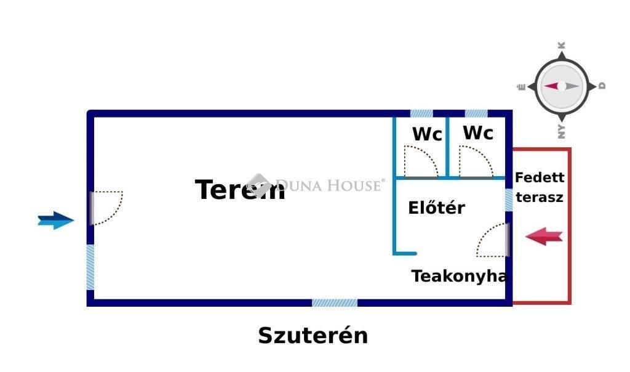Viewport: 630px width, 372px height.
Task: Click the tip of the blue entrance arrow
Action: tap(74, 220)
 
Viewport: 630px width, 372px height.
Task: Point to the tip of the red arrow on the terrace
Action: tap(525, 237)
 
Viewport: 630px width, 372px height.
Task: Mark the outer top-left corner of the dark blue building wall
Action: tap(87, 110)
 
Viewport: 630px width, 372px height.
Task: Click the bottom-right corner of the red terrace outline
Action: tap(571, 304)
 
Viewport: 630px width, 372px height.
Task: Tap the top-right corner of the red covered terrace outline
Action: tap(571, 148)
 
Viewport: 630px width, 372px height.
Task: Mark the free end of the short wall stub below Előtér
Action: tap(416, 253)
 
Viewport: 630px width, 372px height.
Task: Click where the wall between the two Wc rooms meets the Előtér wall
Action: tap(447, 177)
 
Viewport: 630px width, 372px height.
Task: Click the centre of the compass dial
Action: tap(562, 86)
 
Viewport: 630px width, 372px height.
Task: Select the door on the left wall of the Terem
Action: tap(106, 208)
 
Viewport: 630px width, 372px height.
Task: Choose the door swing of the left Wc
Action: tap(421, 161)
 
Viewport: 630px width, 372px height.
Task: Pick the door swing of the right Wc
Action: tap(476, 161)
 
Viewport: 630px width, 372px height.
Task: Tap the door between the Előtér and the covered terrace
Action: tap(493, 240)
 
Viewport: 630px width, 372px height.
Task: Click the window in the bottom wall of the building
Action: tap(335, 303)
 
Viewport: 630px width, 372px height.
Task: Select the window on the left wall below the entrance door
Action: tap(90, 267)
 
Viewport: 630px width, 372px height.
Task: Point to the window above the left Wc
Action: tap(421, 113)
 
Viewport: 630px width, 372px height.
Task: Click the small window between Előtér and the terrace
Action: tap(509, 200)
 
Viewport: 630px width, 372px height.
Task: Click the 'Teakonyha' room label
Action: tap(459, 277)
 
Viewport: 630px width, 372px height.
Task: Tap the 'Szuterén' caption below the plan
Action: tap(313, 336)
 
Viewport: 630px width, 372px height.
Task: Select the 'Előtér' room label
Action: tap(436, 208)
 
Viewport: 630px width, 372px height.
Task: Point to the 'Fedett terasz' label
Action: tap(540, 187)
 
